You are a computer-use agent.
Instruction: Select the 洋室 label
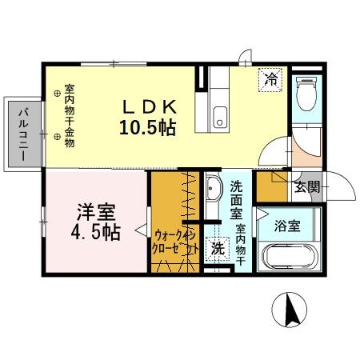click(96, 213)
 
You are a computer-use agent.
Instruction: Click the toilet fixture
click(304, 96)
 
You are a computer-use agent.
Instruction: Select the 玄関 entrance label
click(306, 188)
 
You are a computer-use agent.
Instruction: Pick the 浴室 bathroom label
click(287, 225)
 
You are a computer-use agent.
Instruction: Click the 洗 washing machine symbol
click(218, 249)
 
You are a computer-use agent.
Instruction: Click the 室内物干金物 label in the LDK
click(70, 116)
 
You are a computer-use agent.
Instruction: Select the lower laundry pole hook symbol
click(57, 138)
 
